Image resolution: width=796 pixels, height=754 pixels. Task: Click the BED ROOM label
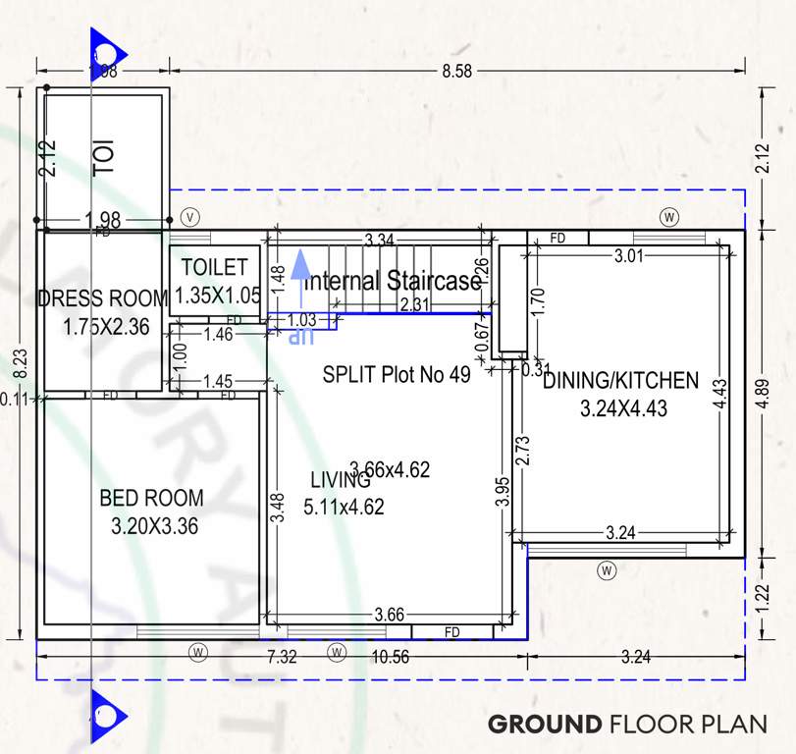tap(151, 498)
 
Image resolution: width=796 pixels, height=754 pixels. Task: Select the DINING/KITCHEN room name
tap(620, 380)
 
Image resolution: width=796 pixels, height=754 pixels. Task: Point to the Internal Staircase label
tap(392, 281)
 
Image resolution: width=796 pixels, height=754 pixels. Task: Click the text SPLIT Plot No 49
tap(397, 374)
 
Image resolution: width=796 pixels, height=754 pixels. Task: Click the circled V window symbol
tap(190, 216)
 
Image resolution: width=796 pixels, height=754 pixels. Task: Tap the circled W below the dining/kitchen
tap(608, 569)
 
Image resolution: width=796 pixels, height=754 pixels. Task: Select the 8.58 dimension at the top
tap(456, 71)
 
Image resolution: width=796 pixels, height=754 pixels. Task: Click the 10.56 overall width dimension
tap(391, 657)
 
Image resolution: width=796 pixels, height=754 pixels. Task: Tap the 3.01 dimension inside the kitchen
tap(630, 256)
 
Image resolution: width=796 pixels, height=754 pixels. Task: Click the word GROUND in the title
tap(545, 725)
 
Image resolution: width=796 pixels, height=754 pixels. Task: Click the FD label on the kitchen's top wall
tap(557, 239)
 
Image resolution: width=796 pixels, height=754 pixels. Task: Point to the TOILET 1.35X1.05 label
tap(214, 280)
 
